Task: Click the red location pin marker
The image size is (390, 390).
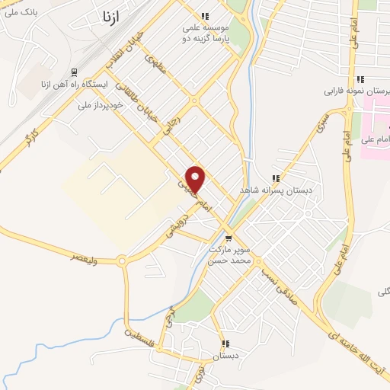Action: click(x=196, y=178)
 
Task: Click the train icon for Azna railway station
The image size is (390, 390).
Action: click(x=74, y=72)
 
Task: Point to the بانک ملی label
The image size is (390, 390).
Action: click(x=19, y=13)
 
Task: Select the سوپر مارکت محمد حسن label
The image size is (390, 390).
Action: click(x=230, y=254)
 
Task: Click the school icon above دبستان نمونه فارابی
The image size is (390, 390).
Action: click(x=360, y=79)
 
